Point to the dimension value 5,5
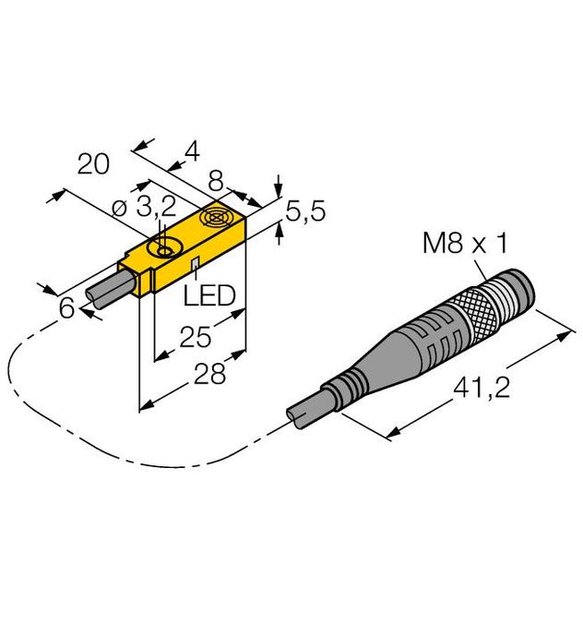(x=304, y=212)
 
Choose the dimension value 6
(x=66, y=309)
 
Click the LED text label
(x=209, y=295)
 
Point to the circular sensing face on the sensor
(x=219, y=219)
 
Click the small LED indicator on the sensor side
(x=195, y=266)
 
